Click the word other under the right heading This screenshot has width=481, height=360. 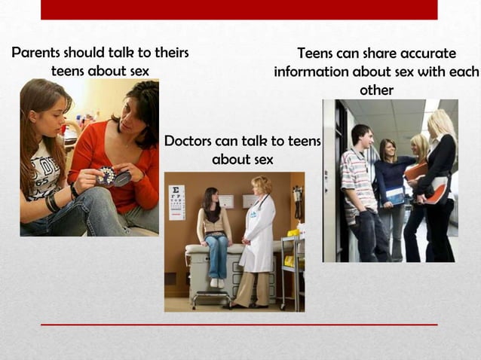click(x=376, y=90)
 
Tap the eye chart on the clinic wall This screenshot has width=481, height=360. click(x=177, y=202)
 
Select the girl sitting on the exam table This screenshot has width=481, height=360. click(x=213, y=230)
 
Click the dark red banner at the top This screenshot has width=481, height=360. click(x=239, y=9)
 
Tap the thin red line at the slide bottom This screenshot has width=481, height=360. click(x=239, y=325)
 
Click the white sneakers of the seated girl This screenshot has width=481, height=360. click(x=216, y=283)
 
